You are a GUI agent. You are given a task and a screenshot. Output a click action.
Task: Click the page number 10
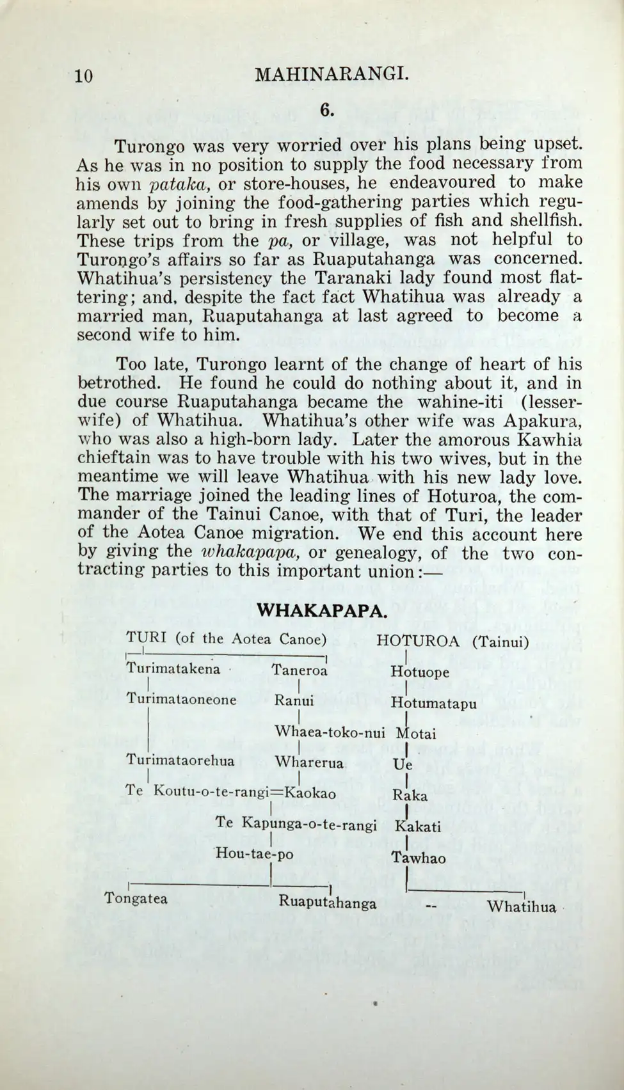84,77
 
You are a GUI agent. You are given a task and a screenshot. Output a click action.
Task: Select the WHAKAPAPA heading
322,610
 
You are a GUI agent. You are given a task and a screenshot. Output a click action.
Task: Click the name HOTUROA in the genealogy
418,640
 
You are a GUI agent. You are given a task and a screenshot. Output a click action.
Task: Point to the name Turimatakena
173,669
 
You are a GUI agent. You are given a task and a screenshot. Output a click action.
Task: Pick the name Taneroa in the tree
300,670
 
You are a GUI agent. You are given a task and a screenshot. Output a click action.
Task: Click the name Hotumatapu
433,704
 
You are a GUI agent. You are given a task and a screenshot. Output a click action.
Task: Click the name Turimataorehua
180,761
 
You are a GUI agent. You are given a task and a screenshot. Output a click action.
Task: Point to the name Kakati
418,826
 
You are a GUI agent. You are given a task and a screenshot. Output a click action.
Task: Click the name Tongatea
136,899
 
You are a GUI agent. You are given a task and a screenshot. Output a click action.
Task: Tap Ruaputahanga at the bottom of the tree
327,903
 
